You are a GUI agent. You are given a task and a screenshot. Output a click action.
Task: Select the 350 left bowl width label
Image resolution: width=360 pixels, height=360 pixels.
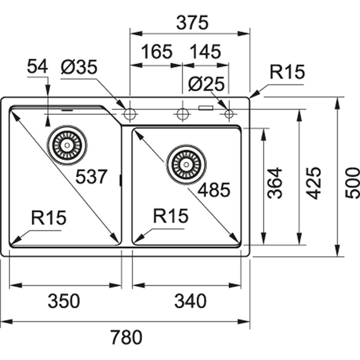tap(64, 301)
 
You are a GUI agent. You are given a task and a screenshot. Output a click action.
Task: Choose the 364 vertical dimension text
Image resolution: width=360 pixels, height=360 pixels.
tap(275, 183)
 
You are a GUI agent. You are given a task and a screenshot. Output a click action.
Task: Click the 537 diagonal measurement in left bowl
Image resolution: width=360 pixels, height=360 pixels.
tap(92, 177)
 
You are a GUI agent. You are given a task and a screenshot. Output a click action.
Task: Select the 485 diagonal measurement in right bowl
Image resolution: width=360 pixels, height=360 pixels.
tap(213, 190)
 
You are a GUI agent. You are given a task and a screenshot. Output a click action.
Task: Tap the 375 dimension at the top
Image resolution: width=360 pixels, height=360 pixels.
tap(192, 23)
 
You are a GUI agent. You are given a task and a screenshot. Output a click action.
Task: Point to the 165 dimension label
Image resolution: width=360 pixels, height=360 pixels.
tap(156, 52)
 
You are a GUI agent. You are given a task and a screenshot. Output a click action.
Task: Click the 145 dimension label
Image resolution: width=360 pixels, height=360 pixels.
tap(206, 52)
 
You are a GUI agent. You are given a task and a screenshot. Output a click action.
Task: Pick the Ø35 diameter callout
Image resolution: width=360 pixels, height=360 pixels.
tap(79, 67)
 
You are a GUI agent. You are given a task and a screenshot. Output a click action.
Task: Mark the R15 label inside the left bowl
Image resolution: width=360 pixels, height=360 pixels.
tap(49, 218)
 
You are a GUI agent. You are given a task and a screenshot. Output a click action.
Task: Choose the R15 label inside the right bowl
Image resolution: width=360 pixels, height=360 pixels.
tap(171, 216)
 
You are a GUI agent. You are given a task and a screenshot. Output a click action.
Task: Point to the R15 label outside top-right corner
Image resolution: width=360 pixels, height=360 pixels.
tap(287, 72)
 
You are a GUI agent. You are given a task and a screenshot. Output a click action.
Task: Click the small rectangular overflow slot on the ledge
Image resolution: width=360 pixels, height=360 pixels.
tap(206, 108)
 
